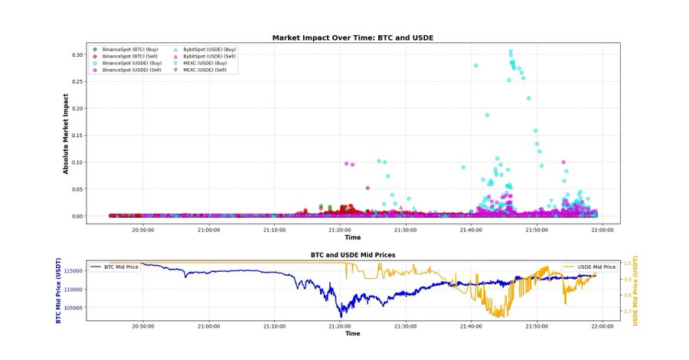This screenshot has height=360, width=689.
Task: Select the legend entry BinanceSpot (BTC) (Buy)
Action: (x=131, y=49)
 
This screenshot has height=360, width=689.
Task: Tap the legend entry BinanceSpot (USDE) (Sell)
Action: (x=131, y=70)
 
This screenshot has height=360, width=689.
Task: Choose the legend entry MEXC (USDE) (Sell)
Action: (x=204, y=70)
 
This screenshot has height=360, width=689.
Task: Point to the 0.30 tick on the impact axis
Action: (x=76, y=55)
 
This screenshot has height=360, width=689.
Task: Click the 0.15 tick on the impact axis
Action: (x=76, y=136)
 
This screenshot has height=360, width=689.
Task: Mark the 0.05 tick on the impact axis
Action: (x=76, y=189)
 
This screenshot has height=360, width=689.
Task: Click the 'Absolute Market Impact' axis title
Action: (x=66, y=135)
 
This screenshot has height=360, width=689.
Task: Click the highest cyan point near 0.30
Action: (x=511, y=51)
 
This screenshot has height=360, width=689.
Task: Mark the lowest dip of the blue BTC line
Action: (x=341, y=316)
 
